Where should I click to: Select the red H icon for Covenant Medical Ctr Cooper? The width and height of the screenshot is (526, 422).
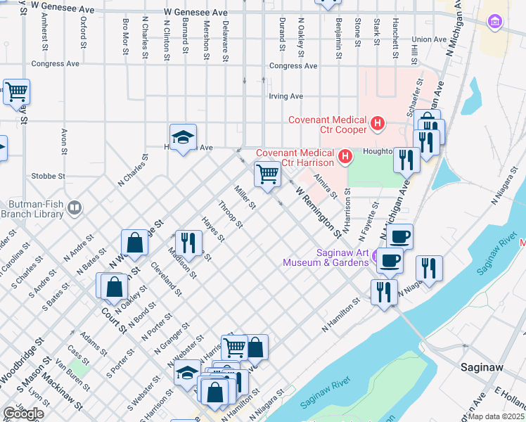pyautogui.click(x=378, y=125)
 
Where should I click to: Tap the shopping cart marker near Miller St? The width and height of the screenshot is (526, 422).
pyautogui.click(x=267, y=173)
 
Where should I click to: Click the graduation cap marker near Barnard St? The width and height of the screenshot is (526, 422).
pyautogui.click(x=183, y=136)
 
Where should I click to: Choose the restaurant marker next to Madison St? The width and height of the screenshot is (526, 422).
pyautogui.click(x=187, y=243)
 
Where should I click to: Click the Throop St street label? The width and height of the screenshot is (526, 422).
pyautogui.click(x=231, y=215)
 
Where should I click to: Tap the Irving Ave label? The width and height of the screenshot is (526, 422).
pyautogui.click(x=286, y=96)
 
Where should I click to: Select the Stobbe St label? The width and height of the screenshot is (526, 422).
pyautogui.click(x=49, y=176)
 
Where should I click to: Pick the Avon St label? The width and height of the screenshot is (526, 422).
pyautogui.click(x=64, y=141)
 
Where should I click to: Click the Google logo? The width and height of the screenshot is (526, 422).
pyautogui.click(x=23, y=413)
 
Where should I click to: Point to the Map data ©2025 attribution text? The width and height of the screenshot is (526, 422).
pyautogui.click(x=496, y=416)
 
